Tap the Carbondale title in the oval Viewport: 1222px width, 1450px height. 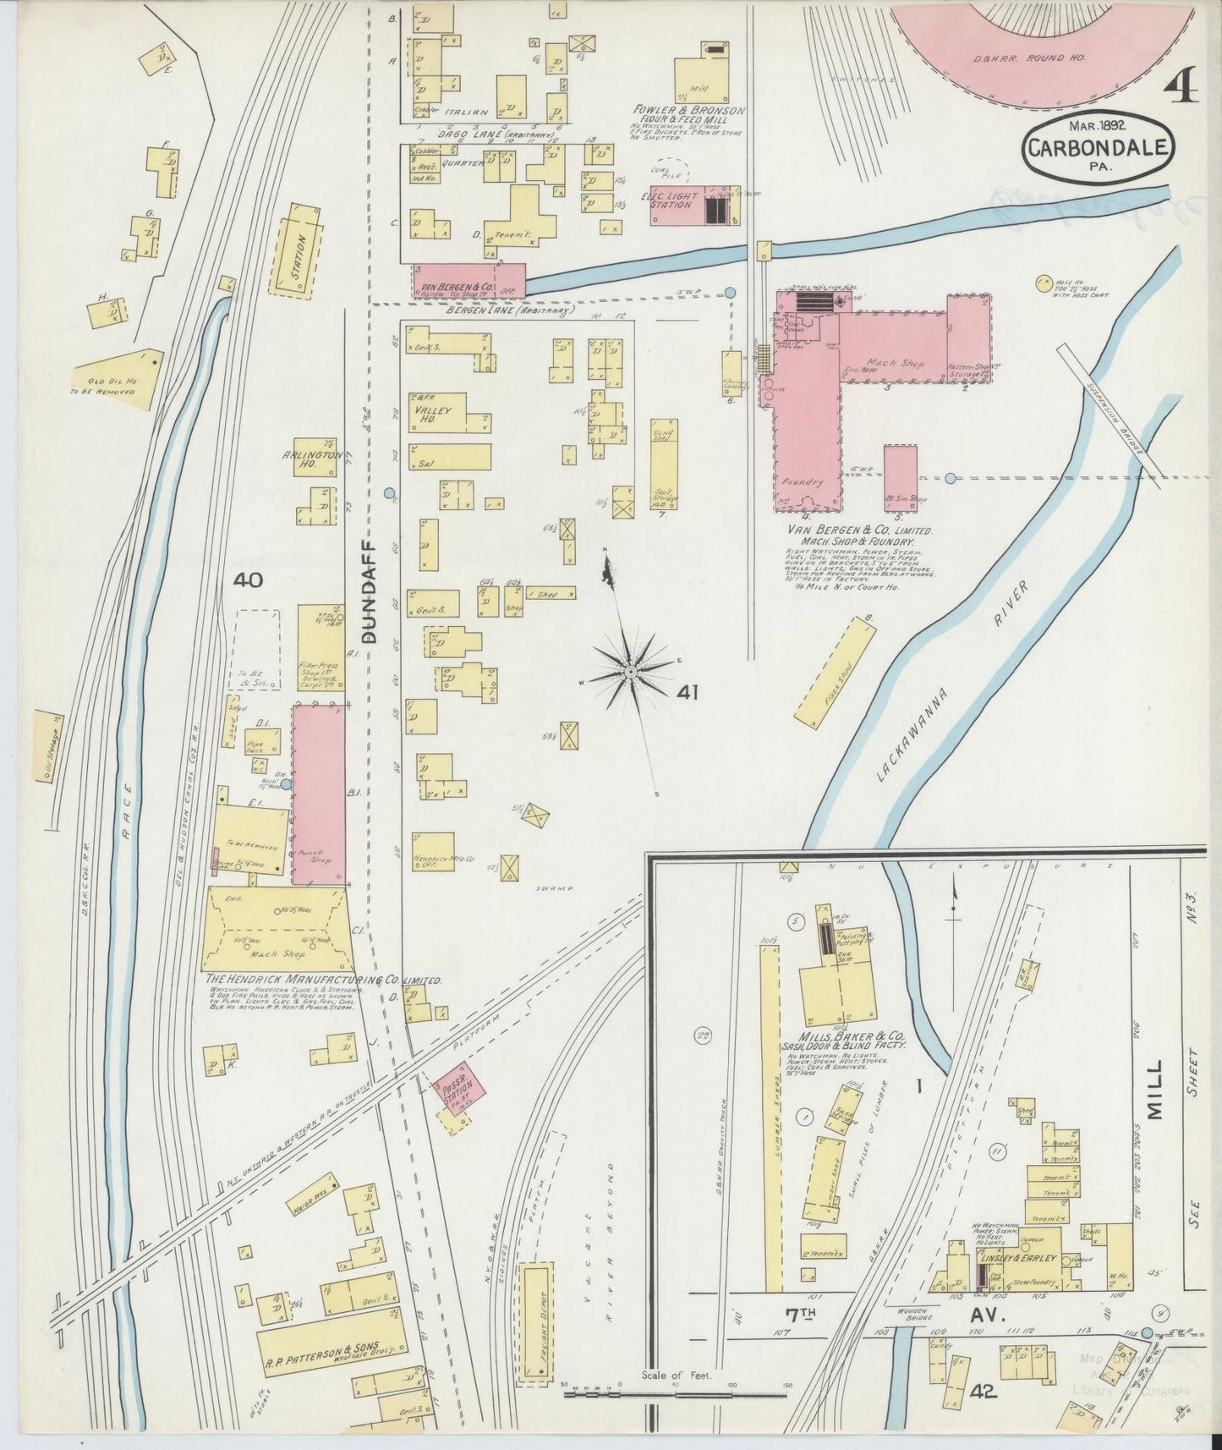pyautogui.click(x=1099, y=148)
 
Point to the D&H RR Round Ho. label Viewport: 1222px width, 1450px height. pyautogui.click(x=1045, y=59)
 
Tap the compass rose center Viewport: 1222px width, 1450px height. pyautogui.click(x=631, y=671)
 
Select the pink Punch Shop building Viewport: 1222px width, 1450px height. pyautogui.click(x=319, y=795)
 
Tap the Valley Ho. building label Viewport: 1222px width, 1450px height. pyautogui.click(x=433, y=410)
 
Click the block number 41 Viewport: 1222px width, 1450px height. pyautogui.click(x=687, y=693)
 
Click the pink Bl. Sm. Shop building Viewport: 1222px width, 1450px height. pyautogui.click(x=901, y=479)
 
